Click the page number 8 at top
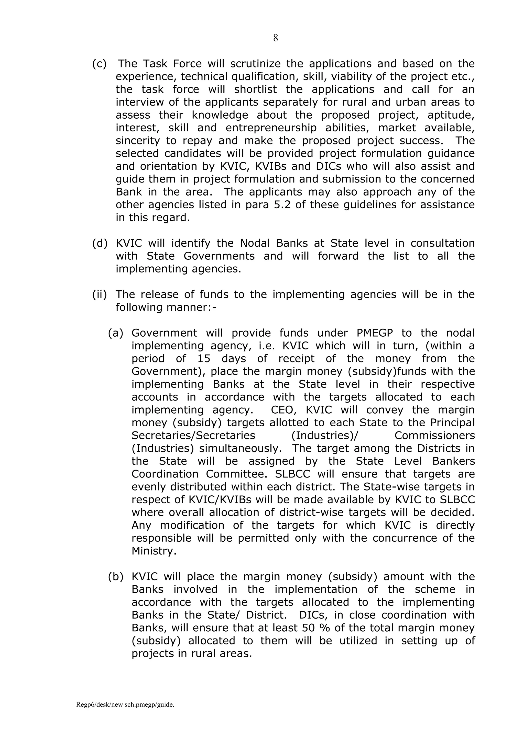(x=275, y=38)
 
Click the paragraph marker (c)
(x=99, y=64)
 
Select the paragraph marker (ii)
(x=99, y=294)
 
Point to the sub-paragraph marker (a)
(x=115, y=333)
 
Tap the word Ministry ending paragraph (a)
(x=154, y=551)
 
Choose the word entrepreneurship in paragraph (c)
(x=271, y=128)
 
